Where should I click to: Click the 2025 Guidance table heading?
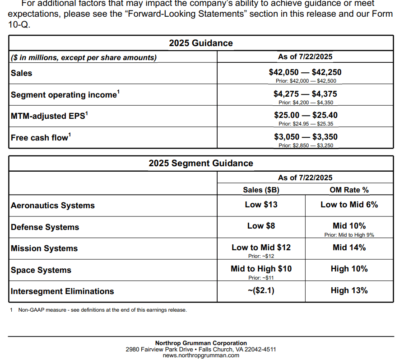201,43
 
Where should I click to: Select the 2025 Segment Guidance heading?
201,163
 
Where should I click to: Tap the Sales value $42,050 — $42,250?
305,72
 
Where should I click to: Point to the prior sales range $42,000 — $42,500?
306,81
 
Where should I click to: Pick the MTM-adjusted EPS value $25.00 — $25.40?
306,115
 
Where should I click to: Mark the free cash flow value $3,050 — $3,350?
306,137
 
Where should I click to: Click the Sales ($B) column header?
261,190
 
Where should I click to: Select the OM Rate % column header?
349,190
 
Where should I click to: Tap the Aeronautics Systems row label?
53,206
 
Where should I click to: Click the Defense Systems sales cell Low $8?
261,226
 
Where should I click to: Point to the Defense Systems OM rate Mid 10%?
349,226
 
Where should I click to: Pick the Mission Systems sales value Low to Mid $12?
261,248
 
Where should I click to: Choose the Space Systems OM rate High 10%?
349,269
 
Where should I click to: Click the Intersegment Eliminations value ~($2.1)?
261,290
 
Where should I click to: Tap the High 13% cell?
349,290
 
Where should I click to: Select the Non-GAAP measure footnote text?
102,310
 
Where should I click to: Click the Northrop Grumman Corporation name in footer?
201,343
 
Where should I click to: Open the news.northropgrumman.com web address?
201,355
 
